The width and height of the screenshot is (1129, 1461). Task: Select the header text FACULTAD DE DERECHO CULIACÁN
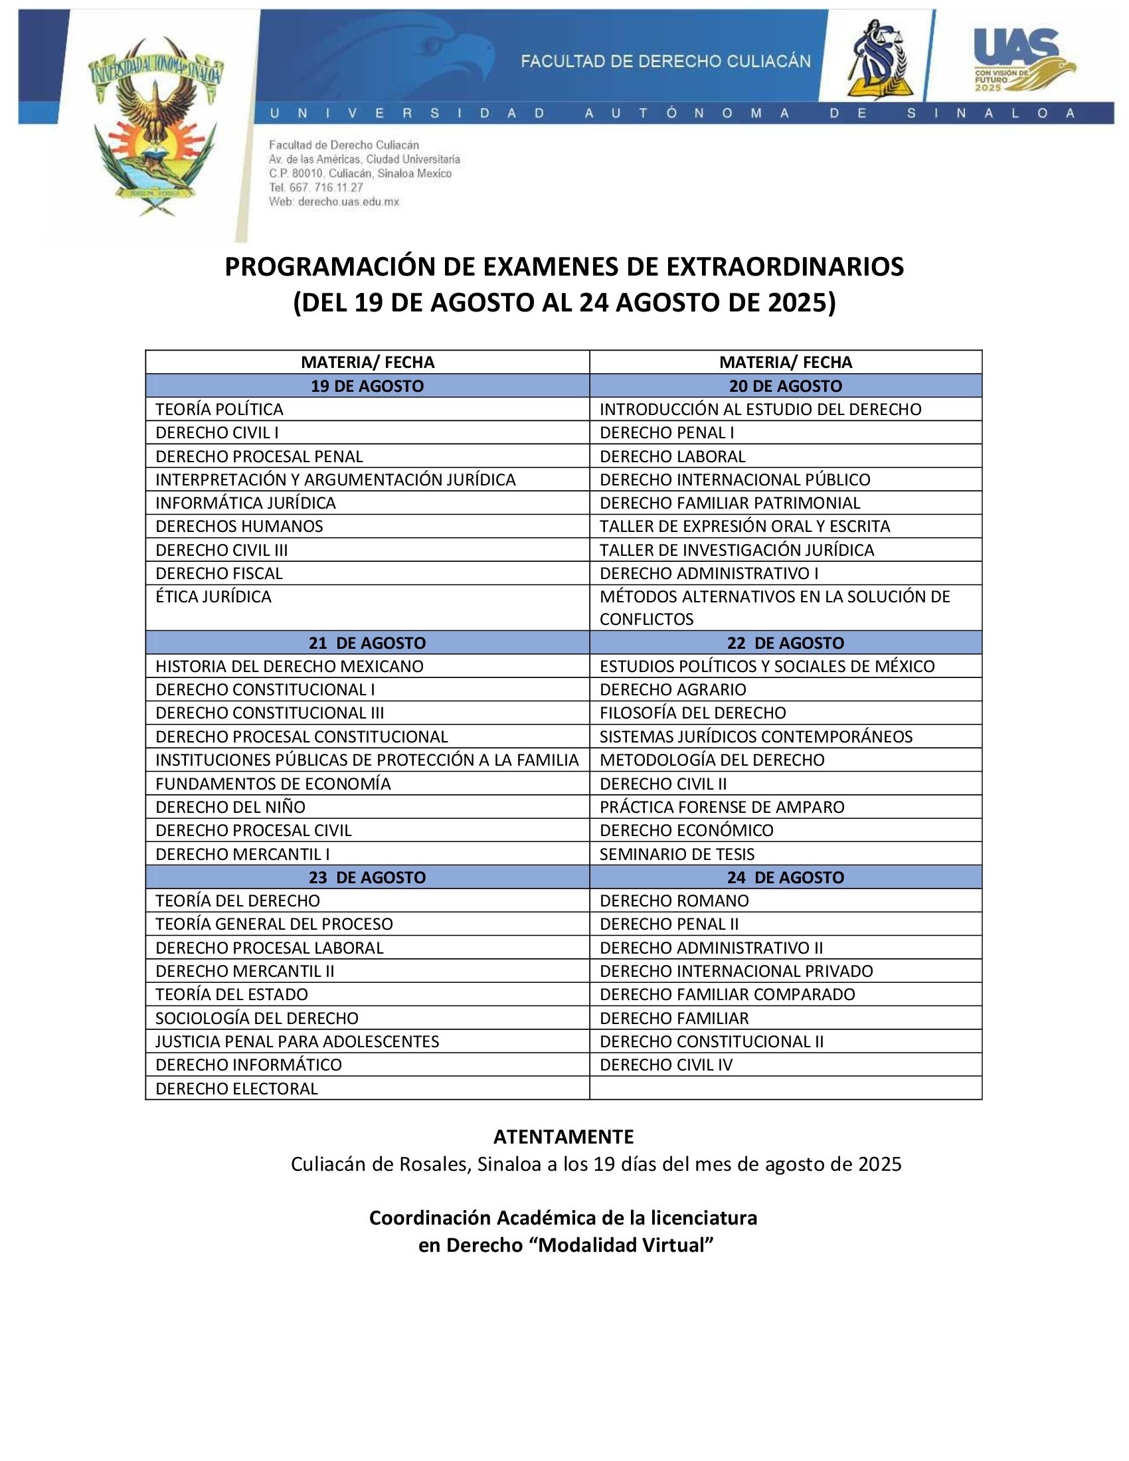665,62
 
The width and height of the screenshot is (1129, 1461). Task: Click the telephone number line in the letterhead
315,187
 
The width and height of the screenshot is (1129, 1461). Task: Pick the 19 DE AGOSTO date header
367,386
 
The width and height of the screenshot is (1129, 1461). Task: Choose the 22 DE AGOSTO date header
785,643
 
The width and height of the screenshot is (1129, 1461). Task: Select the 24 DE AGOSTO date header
785,877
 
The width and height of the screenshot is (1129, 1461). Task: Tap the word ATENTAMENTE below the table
563,1136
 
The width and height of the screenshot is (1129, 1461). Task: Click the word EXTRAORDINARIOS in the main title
784,267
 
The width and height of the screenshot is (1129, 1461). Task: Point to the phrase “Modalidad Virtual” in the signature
626,1245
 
